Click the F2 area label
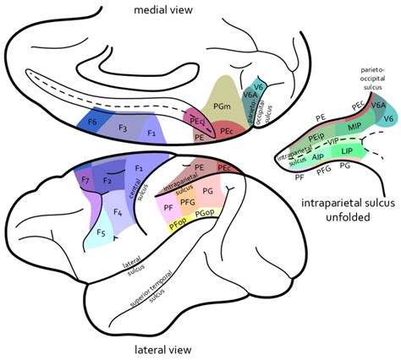click(x=108, y=180)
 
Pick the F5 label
click(x=101, y=232)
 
